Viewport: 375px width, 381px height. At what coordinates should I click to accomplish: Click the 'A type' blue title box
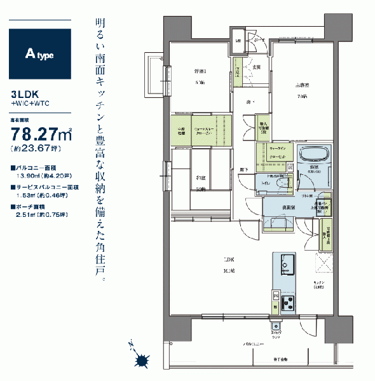tap(41, 54)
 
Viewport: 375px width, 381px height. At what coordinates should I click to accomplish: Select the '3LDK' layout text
tap(22, 93)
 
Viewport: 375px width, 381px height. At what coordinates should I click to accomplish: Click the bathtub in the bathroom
tap(313, 156)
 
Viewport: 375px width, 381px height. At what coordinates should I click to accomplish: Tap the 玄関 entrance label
tap(259, 66)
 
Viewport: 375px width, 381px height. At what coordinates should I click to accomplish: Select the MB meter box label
tap(239, 42)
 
